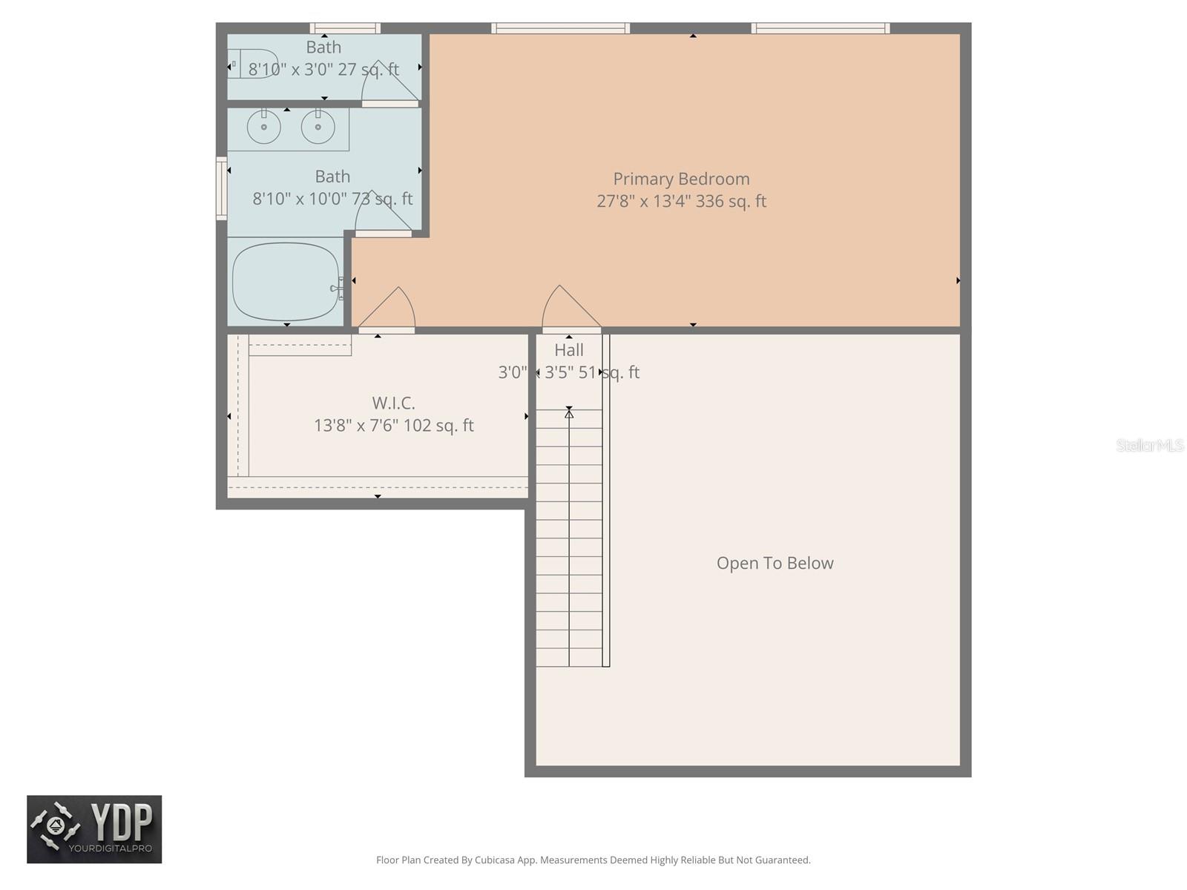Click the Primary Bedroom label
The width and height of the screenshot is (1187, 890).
coord(681,179)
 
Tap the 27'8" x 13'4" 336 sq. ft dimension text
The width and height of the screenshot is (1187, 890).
coord(681,201)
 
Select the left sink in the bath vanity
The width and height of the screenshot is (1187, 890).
coord(263,127)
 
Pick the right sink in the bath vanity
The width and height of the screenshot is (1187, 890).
coord(318,127)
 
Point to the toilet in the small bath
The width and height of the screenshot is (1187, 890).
coord(251,64)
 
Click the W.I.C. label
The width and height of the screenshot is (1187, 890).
coord(393,403)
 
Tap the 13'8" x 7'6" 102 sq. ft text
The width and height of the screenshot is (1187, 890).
coord(393,425)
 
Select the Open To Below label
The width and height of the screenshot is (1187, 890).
coord(775,563)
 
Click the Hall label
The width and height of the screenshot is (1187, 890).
coord(569,350)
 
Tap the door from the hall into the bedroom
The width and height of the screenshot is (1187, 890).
coord(571,310)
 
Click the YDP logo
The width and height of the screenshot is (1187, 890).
coord(94,829)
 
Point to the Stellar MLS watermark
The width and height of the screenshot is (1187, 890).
coord(1150,445)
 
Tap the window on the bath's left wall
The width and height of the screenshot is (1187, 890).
coord(221,188)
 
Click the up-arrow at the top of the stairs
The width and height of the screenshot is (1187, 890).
coord(569,413)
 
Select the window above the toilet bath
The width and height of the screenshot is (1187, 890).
coord(345,28)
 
